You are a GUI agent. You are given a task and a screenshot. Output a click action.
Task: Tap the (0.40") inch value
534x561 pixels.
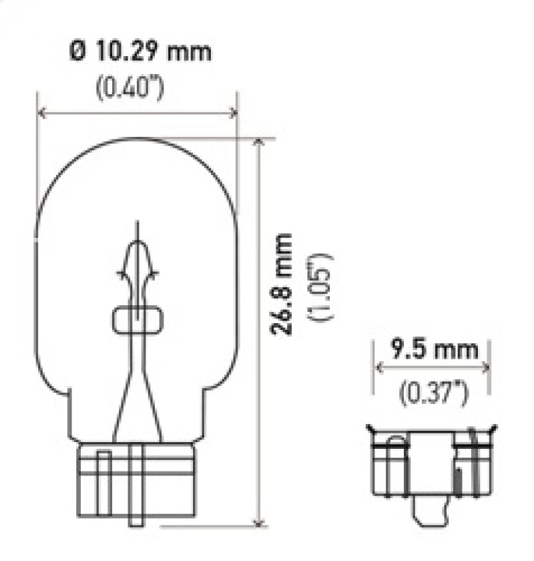(129, 88)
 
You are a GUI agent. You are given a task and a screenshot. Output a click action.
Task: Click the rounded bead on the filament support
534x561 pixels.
(138, 321)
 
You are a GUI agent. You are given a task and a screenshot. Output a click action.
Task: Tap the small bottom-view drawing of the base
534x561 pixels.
(433, 461)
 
